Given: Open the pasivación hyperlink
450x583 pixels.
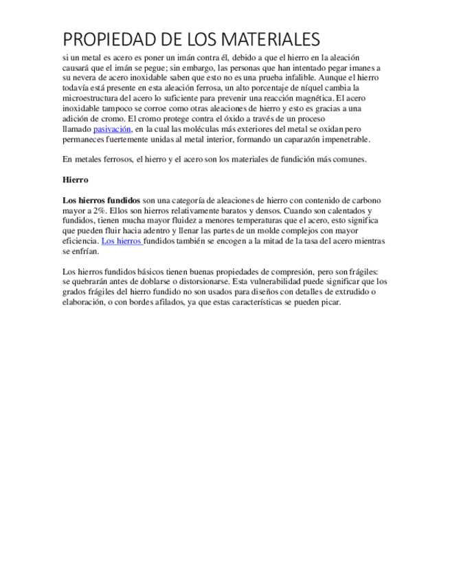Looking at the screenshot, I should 112,129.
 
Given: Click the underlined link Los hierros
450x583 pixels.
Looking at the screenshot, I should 121,241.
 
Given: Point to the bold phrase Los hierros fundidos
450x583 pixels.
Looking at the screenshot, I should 101,200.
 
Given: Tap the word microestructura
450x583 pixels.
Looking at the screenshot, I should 93,98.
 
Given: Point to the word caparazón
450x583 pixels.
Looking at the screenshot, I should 297,139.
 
